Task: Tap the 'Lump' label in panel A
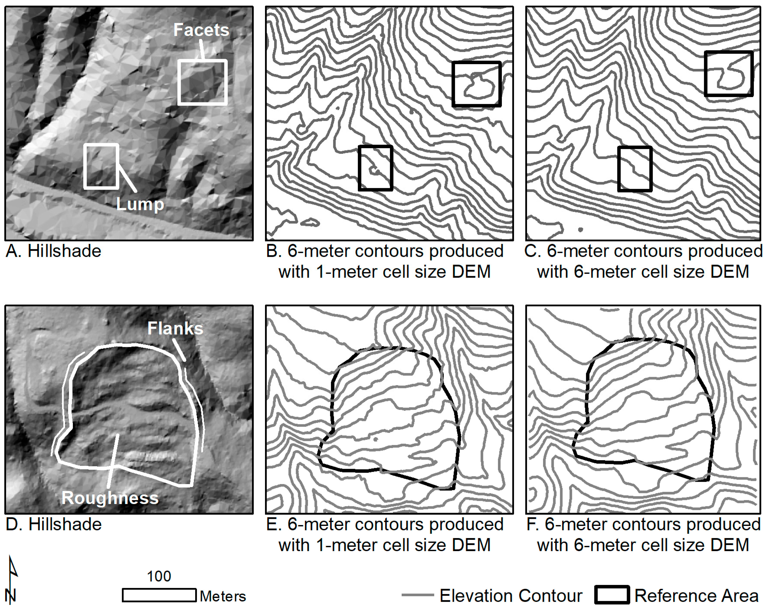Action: click(140, 204)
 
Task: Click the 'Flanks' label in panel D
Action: click(175, 328)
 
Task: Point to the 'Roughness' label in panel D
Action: click(110, 498)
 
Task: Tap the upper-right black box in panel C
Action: click(729, 53)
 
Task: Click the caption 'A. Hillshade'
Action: click(54, 251)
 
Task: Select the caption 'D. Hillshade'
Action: click(54, 524)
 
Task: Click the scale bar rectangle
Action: click(159, 595)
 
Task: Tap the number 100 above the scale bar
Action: click(159, 576)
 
